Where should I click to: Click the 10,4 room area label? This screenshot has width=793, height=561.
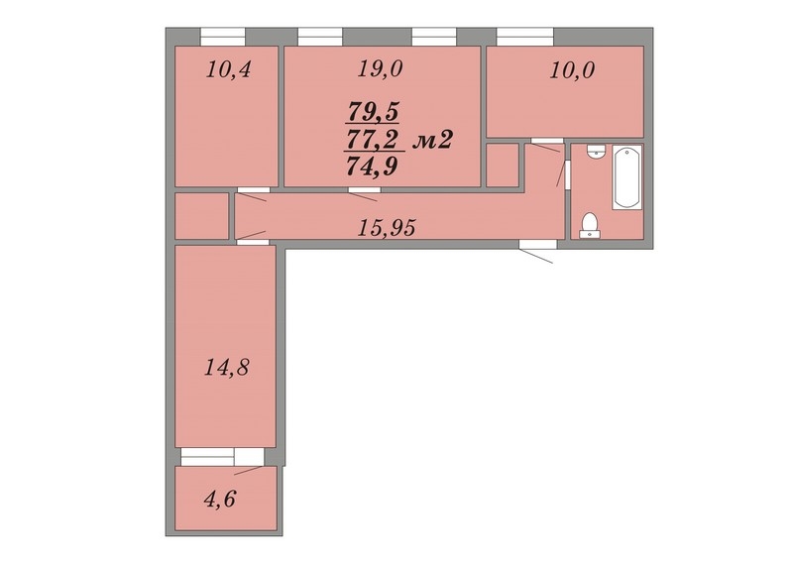coord(228,69)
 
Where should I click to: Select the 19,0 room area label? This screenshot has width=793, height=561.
coord(380,68)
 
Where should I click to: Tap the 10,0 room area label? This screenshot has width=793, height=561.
coord(572,70)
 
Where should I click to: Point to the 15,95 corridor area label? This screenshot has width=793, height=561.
coord(387,228)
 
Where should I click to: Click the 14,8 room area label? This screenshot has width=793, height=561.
coord(227,367)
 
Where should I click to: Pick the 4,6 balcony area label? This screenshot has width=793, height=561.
coord(220,500)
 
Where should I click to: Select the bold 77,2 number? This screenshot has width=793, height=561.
coord(372,139)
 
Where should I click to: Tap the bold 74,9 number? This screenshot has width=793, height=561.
coord(372,166)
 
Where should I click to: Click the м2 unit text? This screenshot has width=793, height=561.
coord(432,140)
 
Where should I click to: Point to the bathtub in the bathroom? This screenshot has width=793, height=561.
coord(626,177)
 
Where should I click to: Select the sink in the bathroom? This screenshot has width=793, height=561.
coord(597,152)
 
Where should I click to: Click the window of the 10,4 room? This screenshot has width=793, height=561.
coord(223,37)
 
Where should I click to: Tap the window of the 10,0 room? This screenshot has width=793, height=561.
coord(525,37)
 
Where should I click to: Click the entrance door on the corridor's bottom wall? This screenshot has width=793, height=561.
coord(537,251)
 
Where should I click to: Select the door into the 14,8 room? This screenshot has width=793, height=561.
coord(252,237)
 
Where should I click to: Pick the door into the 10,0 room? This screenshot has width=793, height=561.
coord(546,144)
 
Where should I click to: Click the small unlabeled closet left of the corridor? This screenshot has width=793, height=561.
coord(201,216)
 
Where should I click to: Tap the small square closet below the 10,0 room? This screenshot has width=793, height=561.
coord(503,165)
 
